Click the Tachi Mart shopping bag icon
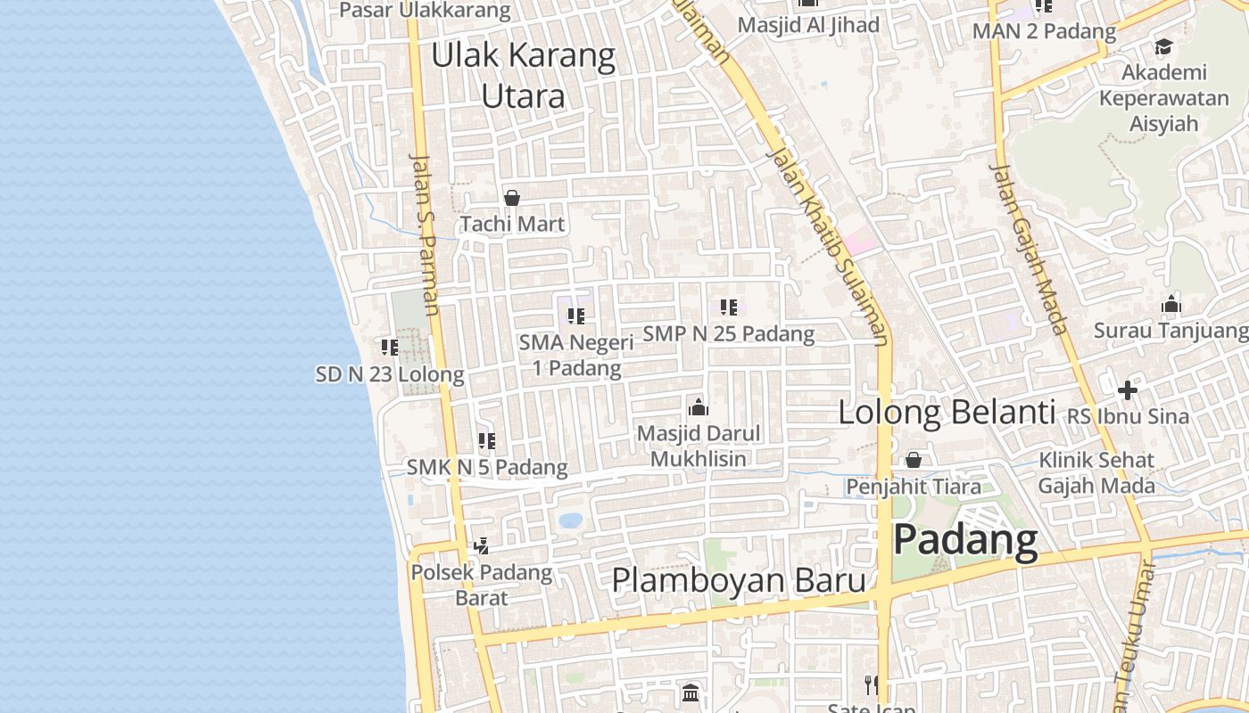point(512,198)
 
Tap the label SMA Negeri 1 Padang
point(576,355)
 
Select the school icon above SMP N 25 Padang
point(729,307)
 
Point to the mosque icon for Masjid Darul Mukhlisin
point(698,407)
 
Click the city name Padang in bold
point(966,540)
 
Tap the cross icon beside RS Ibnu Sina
point(1128,390)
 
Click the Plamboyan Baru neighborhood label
point(739,580)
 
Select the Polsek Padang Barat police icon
point(481,545)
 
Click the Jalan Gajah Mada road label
point(1029,249)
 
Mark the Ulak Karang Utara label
point(524,75)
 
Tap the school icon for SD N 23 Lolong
point(390,347)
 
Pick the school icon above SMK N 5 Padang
point(487,440)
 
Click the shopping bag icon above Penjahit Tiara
point(914,460)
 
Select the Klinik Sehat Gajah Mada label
point(1096,473)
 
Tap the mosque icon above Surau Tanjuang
point(1171,305)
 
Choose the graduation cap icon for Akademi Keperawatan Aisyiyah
point(1163,46)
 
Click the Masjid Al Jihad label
point(808,25)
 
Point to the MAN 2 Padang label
point(1044,31)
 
